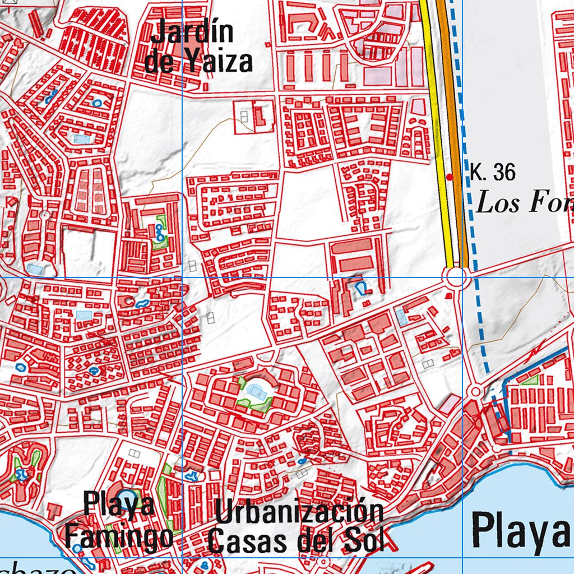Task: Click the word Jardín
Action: (192, 33)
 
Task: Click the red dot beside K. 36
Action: (449, 177)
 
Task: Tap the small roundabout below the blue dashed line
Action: (476, 391)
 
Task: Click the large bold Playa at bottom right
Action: (520, 530)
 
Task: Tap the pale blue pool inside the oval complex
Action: (257, 391)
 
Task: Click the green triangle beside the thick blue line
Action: (530, 379)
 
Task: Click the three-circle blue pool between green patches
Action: (160, 231)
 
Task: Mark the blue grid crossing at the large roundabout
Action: (462, 277)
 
